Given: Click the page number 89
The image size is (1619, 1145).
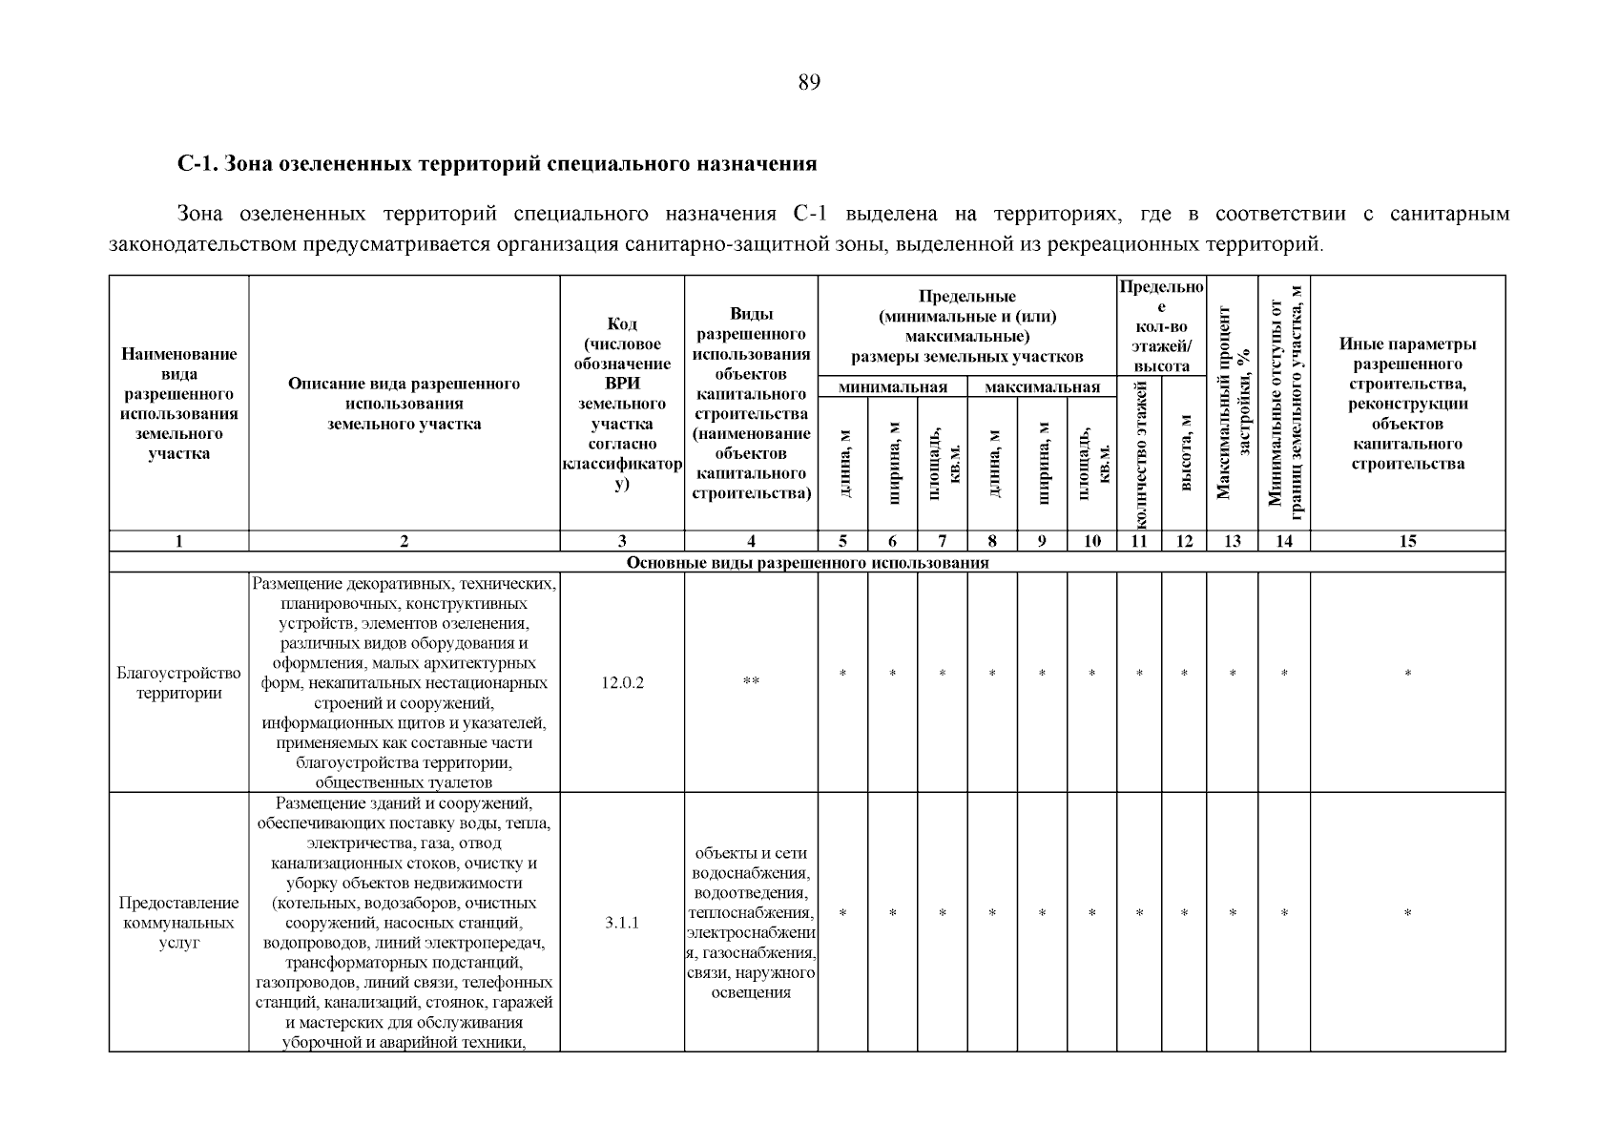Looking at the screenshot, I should pos(809,82).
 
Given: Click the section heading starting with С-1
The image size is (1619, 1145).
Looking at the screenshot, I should pos(497,164).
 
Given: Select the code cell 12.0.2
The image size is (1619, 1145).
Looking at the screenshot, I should pos(622,683).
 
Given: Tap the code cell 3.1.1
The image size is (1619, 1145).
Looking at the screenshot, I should pos(622,923).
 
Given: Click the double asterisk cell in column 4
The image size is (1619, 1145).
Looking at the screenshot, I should pos(751,681).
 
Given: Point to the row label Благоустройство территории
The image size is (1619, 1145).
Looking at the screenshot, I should pos(178,683).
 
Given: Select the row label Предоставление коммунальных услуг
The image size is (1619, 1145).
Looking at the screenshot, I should pos(178,923).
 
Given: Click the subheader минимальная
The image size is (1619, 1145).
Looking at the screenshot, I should pos(892,387).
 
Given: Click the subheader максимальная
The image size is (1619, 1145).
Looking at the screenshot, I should pos(1042,387).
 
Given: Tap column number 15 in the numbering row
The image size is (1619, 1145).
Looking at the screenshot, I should pos(1407,541).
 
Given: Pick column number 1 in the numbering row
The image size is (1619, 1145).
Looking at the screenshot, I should pos(178,541).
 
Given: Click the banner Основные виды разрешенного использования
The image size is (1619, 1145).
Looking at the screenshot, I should pos(807,562).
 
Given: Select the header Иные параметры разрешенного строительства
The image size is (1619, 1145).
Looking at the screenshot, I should pos(1407,404).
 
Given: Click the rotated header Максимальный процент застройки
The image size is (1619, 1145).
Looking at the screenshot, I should pos(1233,403).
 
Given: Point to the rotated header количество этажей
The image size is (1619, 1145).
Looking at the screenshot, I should pos(1139,452).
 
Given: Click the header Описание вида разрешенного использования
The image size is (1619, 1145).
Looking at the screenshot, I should pos(404,404).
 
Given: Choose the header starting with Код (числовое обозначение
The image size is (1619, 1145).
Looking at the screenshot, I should pos(622,404).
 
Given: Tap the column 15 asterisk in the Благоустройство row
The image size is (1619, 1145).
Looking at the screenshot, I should pos(1407,675).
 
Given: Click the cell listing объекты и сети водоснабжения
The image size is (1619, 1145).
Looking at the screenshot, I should pos(751,923).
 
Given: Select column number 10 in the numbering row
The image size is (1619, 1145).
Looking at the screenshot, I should pos(1091,541).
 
